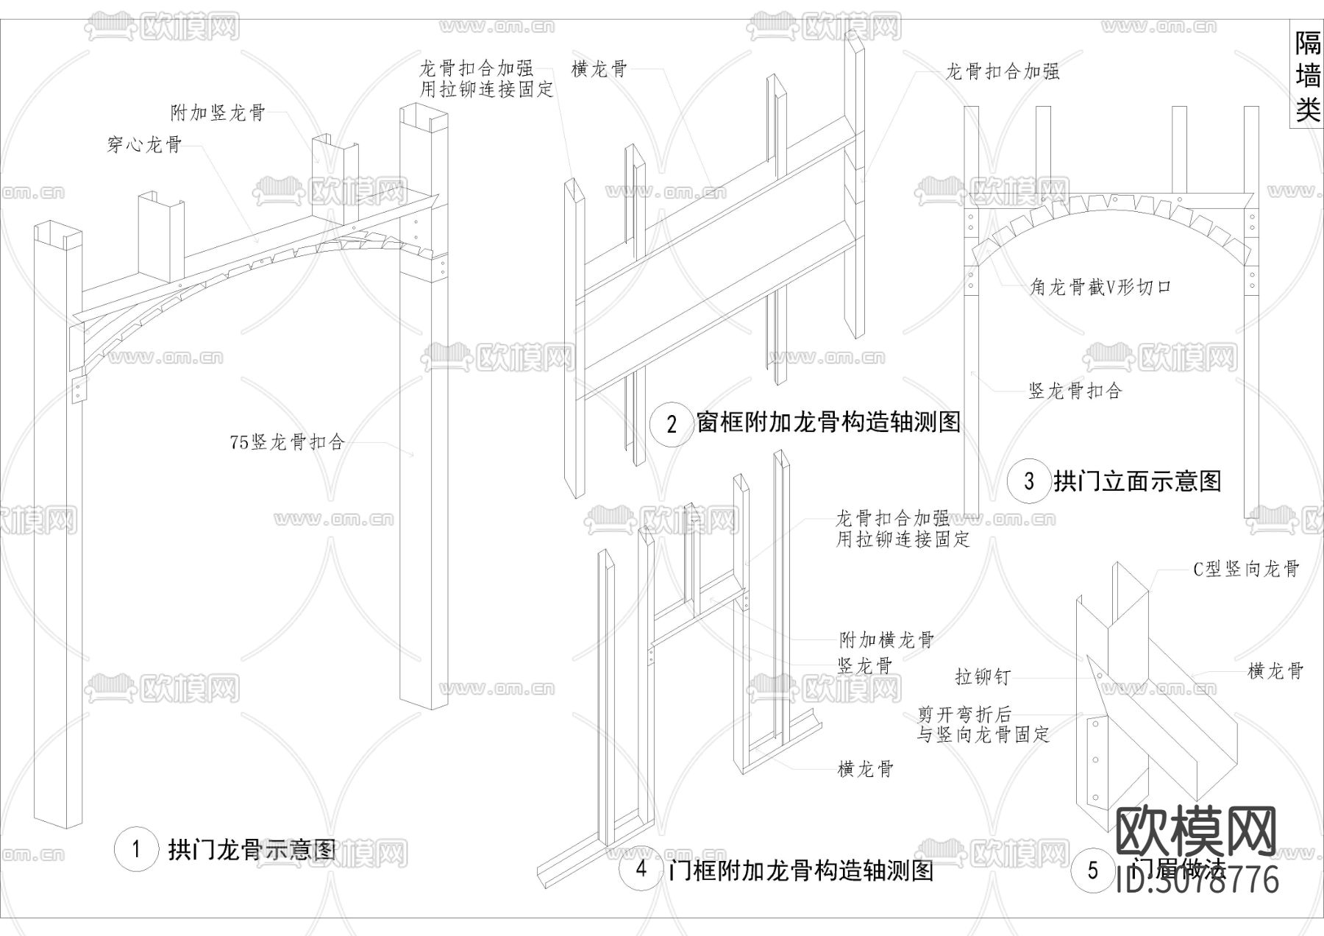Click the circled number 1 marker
136,850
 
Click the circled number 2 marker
672,424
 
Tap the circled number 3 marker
1028,482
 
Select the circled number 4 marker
641,869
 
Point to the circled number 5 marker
1093,871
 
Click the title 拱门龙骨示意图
252,850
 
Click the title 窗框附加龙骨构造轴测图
828,422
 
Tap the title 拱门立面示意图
1137,482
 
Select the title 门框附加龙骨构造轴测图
801,871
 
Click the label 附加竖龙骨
218,113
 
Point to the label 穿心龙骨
144,145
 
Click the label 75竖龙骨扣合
287,442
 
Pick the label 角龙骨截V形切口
1100,288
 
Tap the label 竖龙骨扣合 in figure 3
1075,391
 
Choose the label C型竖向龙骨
1246,569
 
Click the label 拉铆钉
983,677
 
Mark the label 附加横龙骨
887,639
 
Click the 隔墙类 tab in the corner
1308,77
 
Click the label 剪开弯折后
964,715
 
